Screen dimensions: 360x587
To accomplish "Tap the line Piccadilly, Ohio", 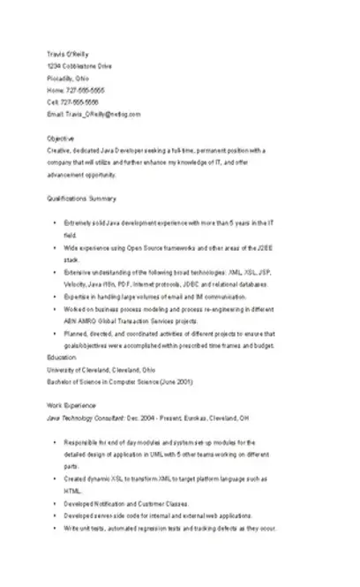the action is pyautogui.click(x=67, y=78).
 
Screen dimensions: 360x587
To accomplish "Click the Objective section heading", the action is pyautogui.click(x=61, y=139).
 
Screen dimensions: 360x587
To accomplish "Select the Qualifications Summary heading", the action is pyautogui.click(x=81, y=199).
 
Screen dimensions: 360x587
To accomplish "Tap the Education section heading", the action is pyautogui.click(x=62, y=357).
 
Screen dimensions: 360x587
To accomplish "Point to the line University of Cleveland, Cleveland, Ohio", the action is pyautogui.click(x=101, y=370).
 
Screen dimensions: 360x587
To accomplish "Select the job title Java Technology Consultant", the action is pyautogui.click(x=86, y=416).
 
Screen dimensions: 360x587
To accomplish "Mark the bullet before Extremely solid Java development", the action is pyautogui.click(x=55, y=225).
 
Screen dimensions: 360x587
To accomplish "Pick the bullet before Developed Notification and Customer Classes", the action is pyautogui.click(x=55, y=502).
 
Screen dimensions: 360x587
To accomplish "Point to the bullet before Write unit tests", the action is pyautogui.click(x=55, y=527).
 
